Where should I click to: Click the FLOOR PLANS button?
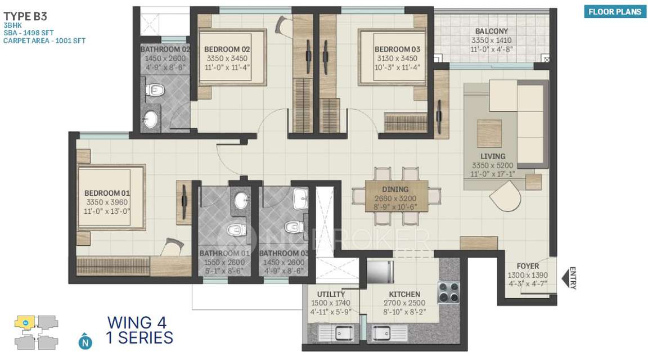click(x=614, y=11)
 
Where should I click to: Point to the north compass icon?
click(x=84, y=340)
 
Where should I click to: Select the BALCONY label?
click(x=491, y=31)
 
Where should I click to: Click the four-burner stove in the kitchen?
click(x=449, y=291)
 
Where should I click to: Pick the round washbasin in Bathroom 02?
click(x=151, y=119)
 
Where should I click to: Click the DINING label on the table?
click(x=395, y=190)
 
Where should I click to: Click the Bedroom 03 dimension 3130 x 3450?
click(x=397, y=58)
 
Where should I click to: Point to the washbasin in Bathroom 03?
click(x=300, y=197)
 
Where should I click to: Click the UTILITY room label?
click(x=331, y=294)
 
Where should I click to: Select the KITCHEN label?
click(x=404, y=294)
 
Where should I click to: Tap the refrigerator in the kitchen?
click(x=380, y=272)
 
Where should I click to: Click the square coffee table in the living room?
click(x=489, y=133)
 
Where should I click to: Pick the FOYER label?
click(x=527, y=266)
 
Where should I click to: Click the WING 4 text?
click(x=137, y=323)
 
